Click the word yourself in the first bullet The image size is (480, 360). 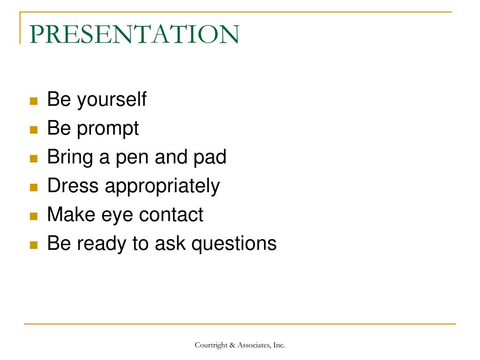point(112,100)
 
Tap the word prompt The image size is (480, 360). point(108,128)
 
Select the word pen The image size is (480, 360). point(132,157)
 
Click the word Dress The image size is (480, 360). point(73,186)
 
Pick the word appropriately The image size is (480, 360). point(162,187)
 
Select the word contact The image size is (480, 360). point(172,215)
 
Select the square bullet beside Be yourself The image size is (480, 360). point(33,101)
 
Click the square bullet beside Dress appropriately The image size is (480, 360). point(33,187)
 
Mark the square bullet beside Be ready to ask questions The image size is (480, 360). point(33,245)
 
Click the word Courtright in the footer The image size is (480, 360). point(211,345)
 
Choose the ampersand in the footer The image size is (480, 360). point(232,345)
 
